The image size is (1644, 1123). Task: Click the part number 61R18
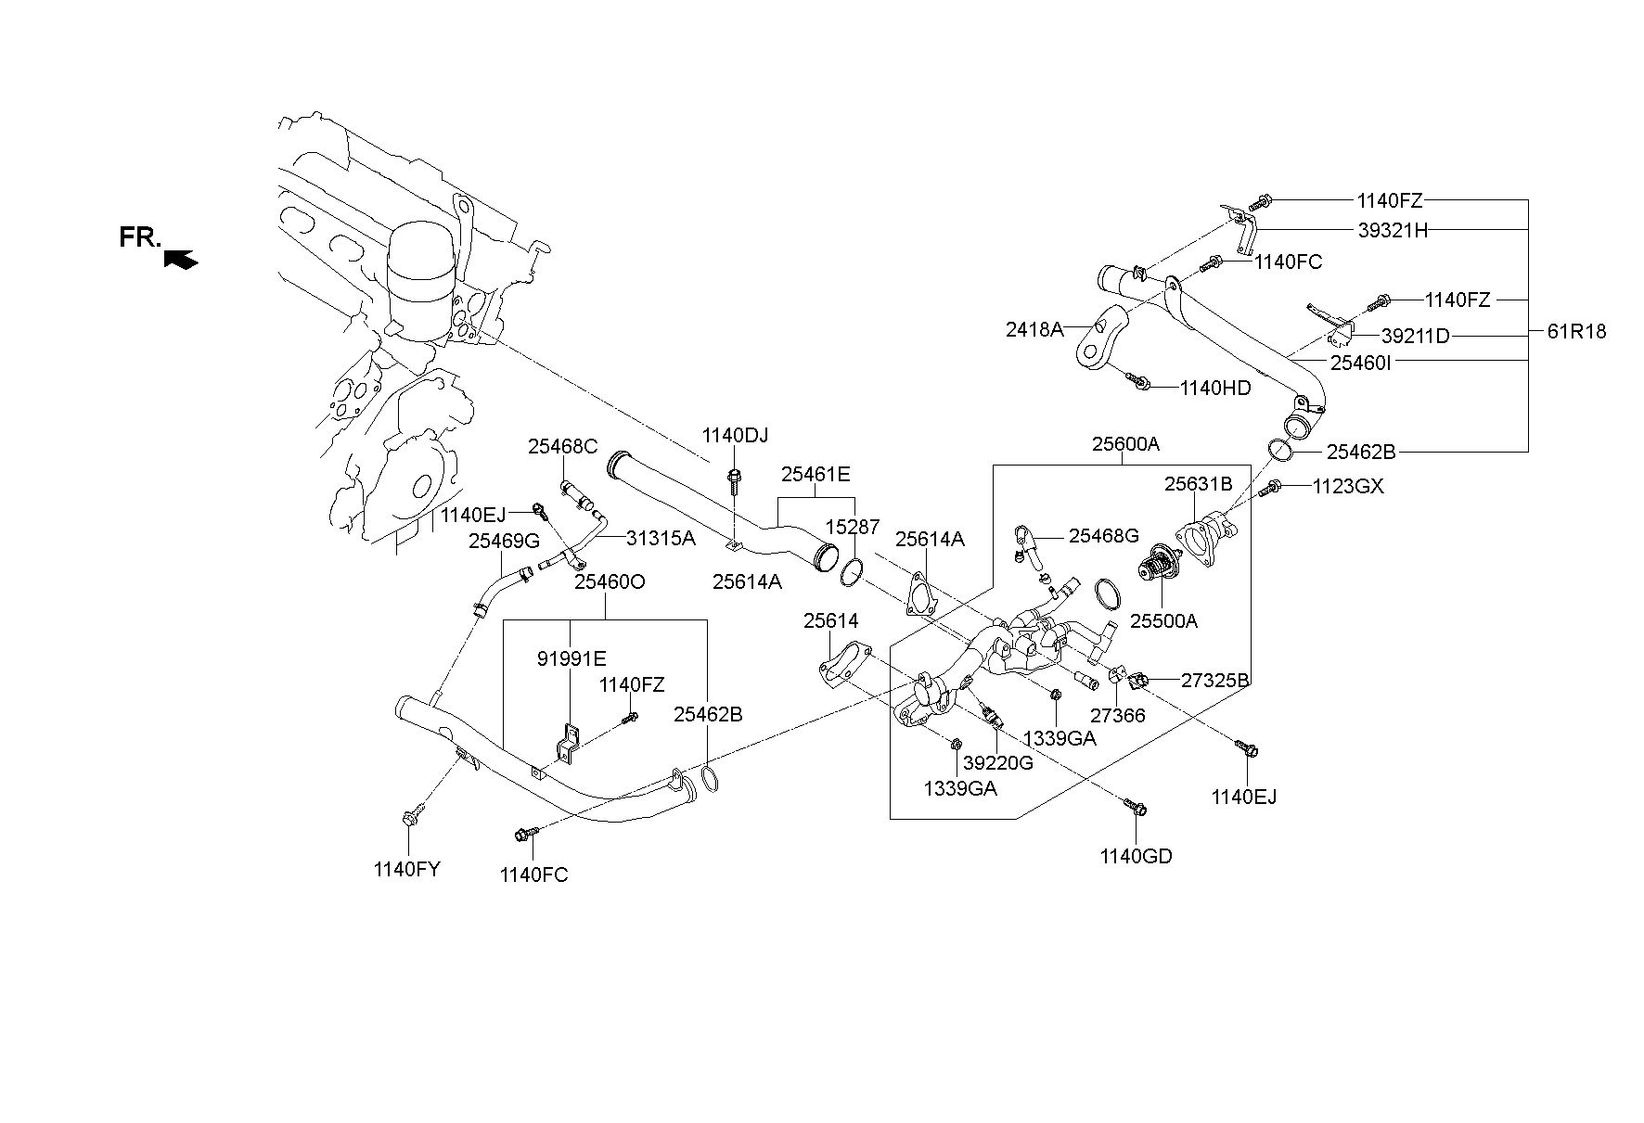pyautogui.click(x=1577, y=331)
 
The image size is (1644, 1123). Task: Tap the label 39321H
pyautogui.click(x=1393, y=231)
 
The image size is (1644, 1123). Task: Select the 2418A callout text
pyautogui.click(x=1034, y=328)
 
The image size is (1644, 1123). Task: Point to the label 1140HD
pyautogui.click(x=1215, y=388)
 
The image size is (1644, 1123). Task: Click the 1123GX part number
pyautogui.click(x=1348, y=486)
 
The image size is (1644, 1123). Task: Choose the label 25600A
pyautogui.click(x=1125, y=444)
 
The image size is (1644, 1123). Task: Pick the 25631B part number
pyautogui.click(x=1199, y=483)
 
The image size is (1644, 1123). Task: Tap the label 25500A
pyautogui.click(x=1163, y=620)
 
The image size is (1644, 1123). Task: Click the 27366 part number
pyautogui.click(x=1117, y=715)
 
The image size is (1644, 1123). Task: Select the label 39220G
pyautogui.click(x=997, y=762)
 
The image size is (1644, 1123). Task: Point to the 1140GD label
pyautogui.click(x=1137, y=856)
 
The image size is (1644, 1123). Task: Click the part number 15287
pyautogui.click(x=853, y=527)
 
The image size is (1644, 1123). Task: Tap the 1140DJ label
pyautogui.click(x=735, y=435)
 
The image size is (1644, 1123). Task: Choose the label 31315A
pyautogui.click(x=660, y=537)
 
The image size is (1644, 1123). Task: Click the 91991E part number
pyautogui.click(x=572, y=658)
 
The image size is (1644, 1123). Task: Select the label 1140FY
pyautogui.click(x=406, y=869)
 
